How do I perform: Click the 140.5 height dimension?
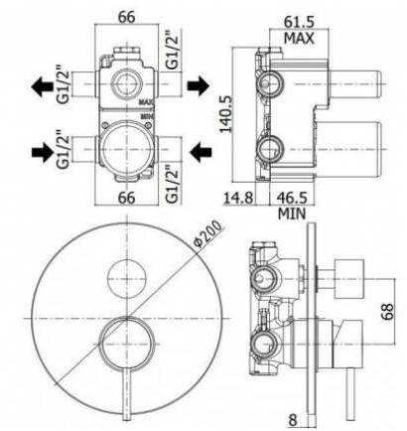[227, 114]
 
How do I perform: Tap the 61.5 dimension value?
[299, 22]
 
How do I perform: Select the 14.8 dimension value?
[238, 199]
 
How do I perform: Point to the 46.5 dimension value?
[292, 199]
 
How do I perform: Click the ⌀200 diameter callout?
[208, 233]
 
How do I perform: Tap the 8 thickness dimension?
[293, 420]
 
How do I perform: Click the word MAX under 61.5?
[299, 39]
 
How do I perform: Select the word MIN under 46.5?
[292, 214]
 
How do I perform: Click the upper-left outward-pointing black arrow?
[42, 86]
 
